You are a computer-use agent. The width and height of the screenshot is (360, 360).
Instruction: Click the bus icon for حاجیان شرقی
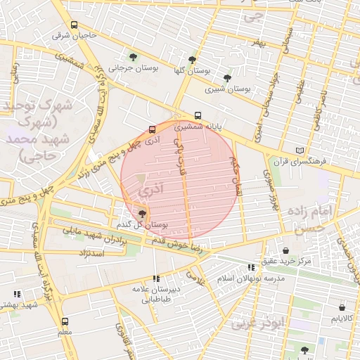click(74, 25)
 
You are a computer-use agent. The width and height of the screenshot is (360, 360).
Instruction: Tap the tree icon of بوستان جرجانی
click(133, 58)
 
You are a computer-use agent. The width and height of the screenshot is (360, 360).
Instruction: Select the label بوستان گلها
click(191, 71)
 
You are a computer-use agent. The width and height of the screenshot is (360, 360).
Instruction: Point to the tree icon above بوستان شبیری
click(227, 78)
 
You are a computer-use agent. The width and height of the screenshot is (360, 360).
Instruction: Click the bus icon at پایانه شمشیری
click(198, 117)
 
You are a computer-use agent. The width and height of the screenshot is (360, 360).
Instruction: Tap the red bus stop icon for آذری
click(152, 129)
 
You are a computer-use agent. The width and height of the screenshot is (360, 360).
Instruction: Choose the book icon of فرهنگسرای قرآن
click(301, 150)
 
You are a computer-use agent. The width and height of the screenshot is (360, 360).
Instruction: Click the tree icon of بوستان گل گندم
click(143, 213)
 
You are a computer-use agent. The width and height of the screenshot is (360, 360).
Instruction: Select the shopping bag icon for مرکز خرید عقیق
click(285, 250)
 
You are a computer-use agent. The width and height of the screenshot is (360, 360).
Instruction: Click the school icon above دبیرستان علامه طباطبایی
click(155, 278)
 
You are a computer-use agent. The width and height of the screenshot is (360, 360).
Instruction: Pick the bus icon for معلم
click(65, 321)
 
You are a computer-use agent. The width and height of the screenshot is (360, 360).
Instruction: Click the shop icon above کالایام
click(342, 307)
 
